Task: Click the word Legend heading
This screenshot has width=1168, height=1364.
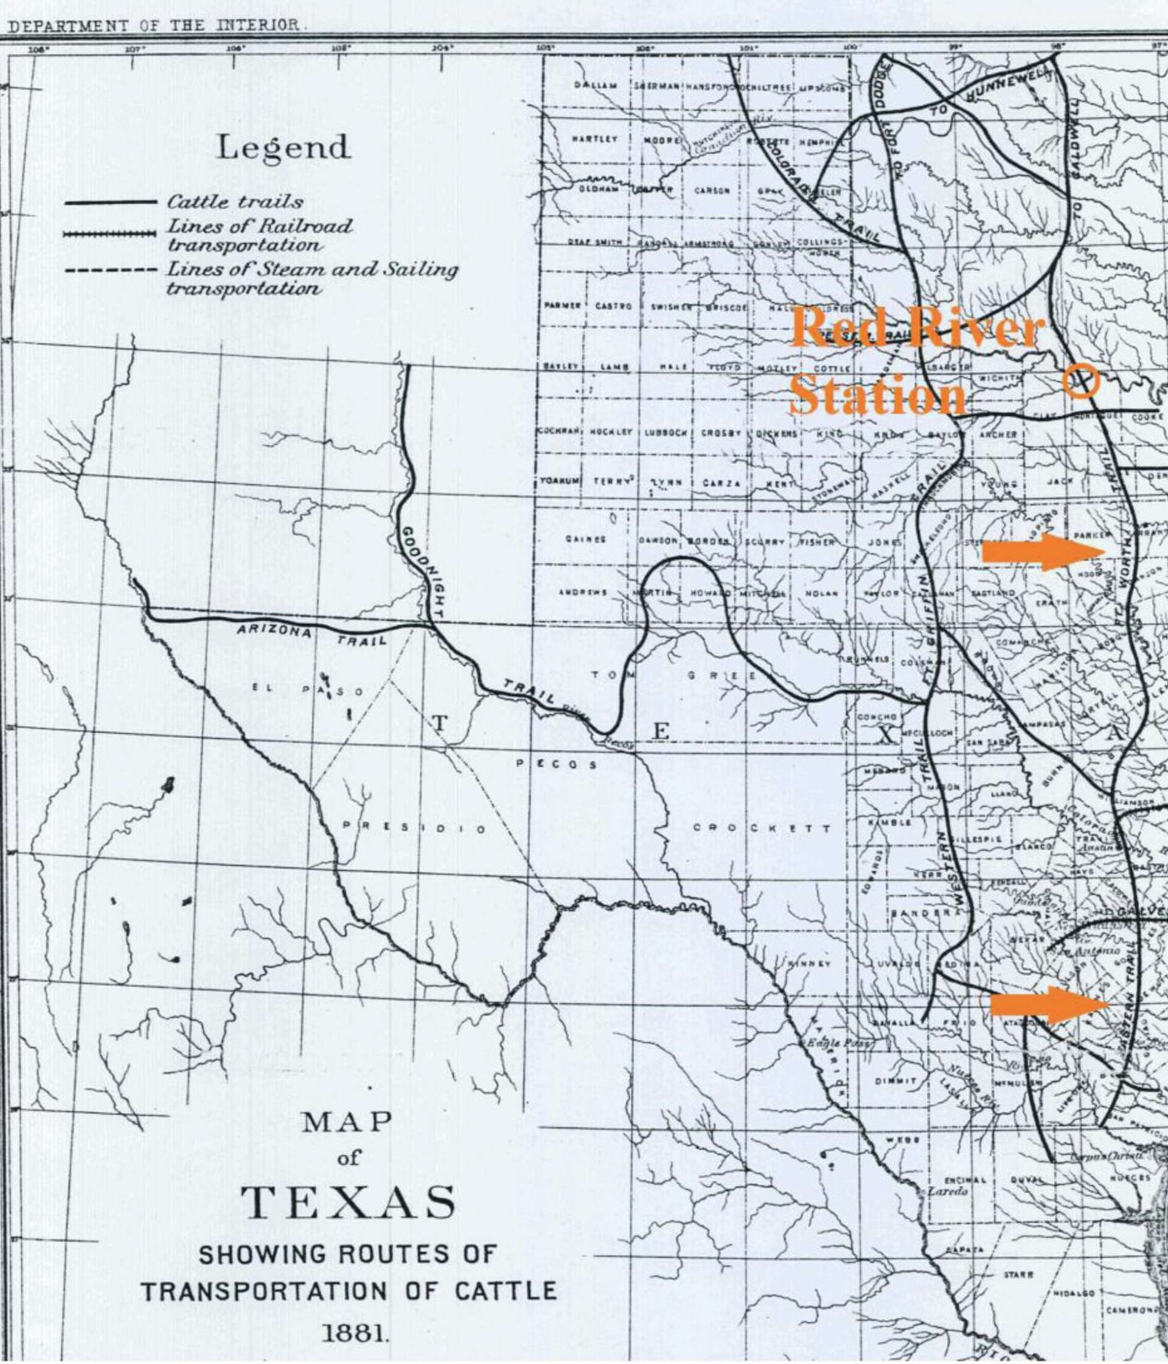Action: pyautogui.click(x=283, y=147)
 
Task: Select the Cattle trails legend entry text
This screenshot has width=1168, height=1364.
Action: pyautogui.click(x=235, y=201)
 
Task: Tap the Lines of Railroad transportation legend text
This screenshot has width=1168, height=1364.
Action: pyautogui.click(x=259, y=235)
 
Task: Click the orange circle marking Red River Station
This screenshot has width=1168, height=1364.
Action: pyautogui.click(x=1081, y=381)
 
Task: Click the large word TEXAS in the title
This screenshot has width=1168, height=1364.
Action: pyautogui.click(x=348, y=1201)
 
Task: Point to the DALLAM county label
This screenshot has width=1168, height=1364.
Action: pyautogui.click(x=596, y=86)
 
